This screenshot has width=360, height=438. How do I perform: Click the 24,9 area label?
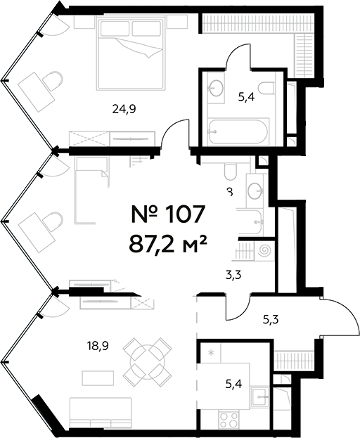click(124, 108)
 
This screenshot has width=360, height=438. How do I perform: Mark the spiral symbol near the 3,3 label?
click(265, 250)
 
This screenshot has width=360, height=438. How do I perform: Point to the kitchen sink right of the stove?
click(259, 397)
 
